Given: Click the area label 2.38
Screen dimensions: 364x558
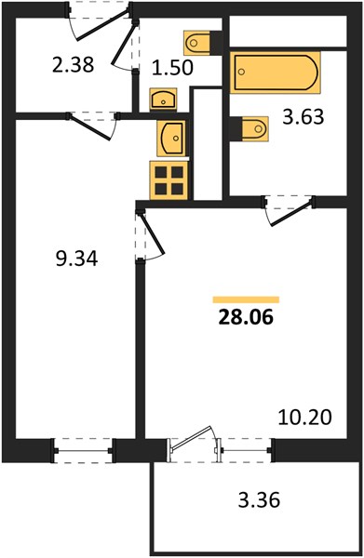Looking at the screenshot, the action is click(73, 65).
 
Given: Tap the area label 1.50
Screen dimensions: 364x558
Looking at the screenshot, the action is click(172, 67).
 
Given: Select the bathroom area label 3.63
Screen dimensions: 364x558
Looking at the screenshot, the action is click(303, 116).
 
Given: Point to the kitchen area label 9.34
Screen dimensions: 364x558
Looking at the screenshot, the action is click(76, 259).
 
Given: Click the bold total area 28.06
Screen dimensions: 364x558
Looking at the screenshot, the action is click(246, 317).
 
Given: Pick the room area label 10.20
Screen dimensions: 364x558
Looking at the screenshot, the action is click(304, 417).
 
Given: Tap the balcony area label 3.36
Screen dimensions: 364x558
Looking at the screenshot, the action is click(259, 499).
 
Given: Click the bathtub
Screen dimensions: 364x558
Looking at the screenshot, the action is click(276, 73).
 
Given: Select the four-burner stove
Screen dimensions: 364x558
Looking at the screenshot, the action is click(169, 180).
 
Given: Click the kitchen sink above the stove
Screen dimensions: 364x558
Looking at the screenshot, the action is click(171, 138).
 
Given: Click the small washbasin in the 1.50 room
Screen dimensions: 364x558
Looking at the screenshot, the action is click(164, 99).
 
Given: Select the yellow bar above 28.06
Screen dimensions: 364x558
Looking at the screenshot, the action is click(246, 299).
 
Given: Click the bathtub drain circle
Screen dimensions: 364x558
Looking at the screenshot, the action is click(241, 72).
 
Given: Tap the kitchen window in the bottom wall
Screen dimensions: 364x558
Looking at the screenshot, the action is click(83, 450).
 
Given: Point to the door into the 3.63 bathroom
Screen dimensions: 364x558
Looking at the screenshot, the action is click(290, 212).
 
